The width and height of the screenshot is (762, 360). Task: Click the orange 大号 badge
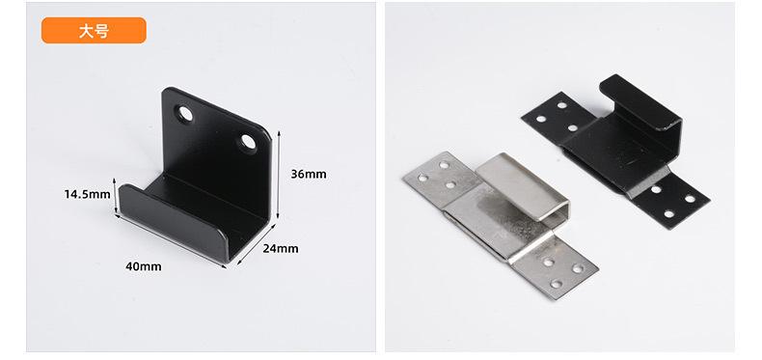(x=94, y=31)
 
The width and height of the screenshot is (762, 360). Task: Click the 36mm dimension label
(x=309, y=174)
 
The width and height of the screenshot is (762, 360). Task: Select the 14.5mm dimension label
(x=88, y=195)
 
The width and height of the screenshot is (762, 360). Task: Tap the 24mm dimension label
(x=281, y=249)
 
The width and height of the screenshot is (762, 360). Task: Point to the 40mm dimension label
(x=144, y=266)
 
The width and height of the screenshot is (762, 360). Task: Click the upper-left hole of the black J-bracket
(x=185, y=114)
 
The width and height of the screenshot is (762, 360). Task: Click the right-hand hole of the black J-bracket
(x=248, y=142)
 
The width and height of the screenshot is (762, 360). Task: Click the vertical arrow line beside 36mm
(x=279, y=175)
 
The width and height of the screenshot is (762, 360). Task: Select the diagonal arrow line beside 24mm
(x=257, y=245)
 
